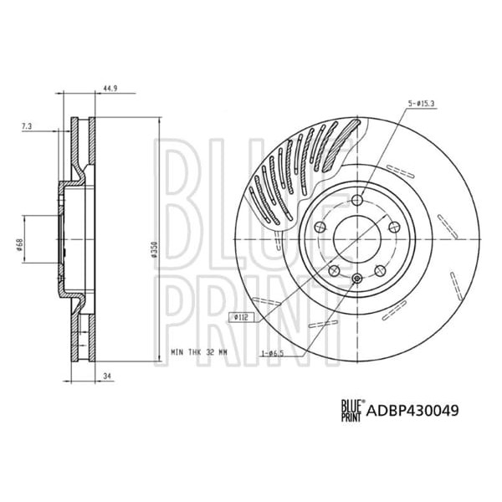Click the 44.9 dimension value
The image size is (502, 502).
point(112,86)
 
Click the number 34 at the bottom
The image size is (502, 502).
point(107,377)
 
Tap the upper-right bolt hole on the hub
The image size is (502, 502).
point(393,228)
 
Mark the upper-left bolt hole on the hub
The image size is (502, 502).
point(319,228)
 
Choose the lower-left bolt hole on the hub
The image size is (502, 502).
point(333,270)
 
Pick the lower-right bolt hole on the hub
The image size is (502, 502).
point(379,270)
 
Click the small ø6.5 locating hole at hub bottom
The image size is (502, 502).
point(356,279)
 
